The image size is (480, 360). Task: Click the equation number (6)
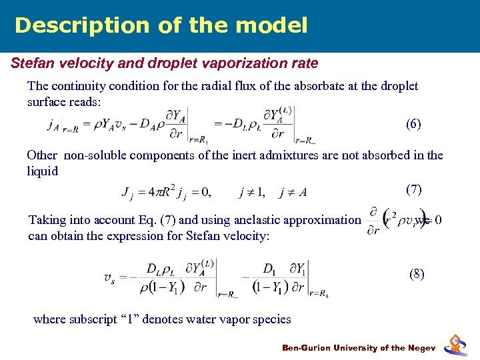coord(413,124)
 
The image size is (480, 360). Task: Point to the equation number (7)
coord(413,189)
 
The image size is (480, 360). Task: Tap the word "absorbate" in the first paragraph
coord(300,86)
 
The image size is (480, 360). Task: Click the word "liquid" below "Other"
coord(43,171)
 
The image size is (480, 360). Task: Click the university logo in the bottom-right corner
coord(456,343)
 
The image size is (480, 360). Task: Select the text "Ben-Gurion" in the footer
coord(308,348)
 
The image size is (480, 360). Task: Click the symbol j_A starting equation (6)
coord(53,123)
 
